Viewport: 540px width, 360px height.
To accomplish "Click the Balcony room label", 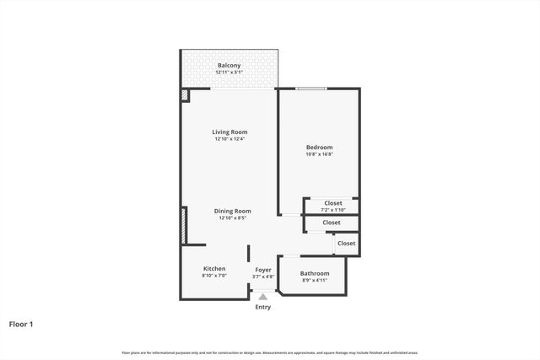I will point(229,65).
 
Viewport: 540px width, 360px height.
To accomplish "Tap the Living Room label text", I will point(229,132).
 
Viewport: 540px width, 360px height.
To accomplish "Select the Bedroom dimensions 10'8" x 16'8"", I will point(319,154).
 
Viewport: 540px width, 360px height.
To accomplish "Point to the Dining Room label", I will point(232,211).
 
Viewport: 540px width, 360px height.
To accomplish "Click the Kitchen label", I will point(214,268).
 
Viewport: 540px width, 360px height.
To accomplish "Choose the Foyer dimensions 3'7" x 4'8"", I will point(263,277).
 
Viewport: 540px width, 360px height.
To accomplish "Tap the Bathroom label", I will point(315,273).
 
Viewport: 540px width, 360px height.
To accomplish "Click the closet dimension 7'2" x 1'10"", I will point(333,210).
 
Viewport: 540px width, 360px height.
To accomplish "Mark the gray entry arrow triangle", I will point(263,296).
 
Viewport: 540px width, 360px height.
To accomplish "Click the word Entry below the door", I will point(263,307).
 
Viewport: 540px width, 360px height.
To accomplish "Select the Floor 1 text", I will point(21,323).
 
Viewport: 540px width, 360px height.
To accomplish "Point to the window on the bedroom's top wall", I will point(311,89).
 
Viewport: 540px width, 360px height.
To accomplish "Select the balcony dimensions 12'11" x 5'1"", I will point(229,73).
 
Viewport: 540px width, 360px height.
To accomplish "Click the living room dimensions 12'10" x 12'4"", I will point(229,139).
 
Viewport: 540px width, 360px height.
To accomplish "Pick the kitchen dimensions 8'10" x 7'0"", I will point(214,276).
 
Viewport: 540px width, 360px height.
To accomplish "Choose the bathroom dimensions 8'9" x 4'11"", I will point(315,281).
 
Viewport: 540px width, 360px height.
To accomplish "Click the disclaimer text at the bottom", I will point(270,352).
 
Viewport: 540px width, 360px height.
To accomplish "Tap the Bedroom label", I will point(319,147).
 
